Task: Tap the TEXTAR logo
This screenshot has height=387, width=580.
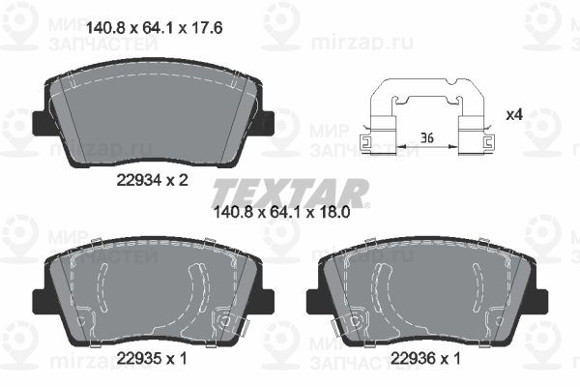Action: click(289, 192)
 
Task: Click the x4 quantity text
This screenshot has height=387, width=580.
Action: click(514, 115)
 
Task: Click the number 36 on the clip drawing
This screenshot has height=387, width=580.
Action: click(426, 139)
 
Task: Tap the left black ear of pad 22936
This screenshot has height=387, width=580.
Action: click(314, 301)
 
